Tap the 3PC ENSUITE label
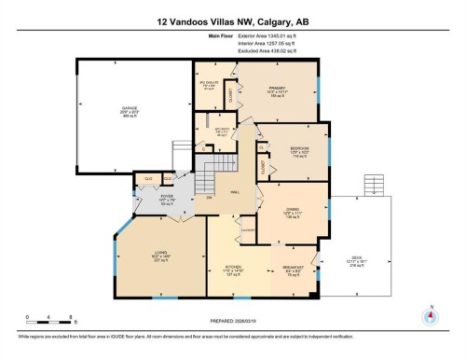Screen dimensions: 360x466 point(209,82)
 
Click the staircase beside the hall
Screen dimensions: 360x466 point(214,166)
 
